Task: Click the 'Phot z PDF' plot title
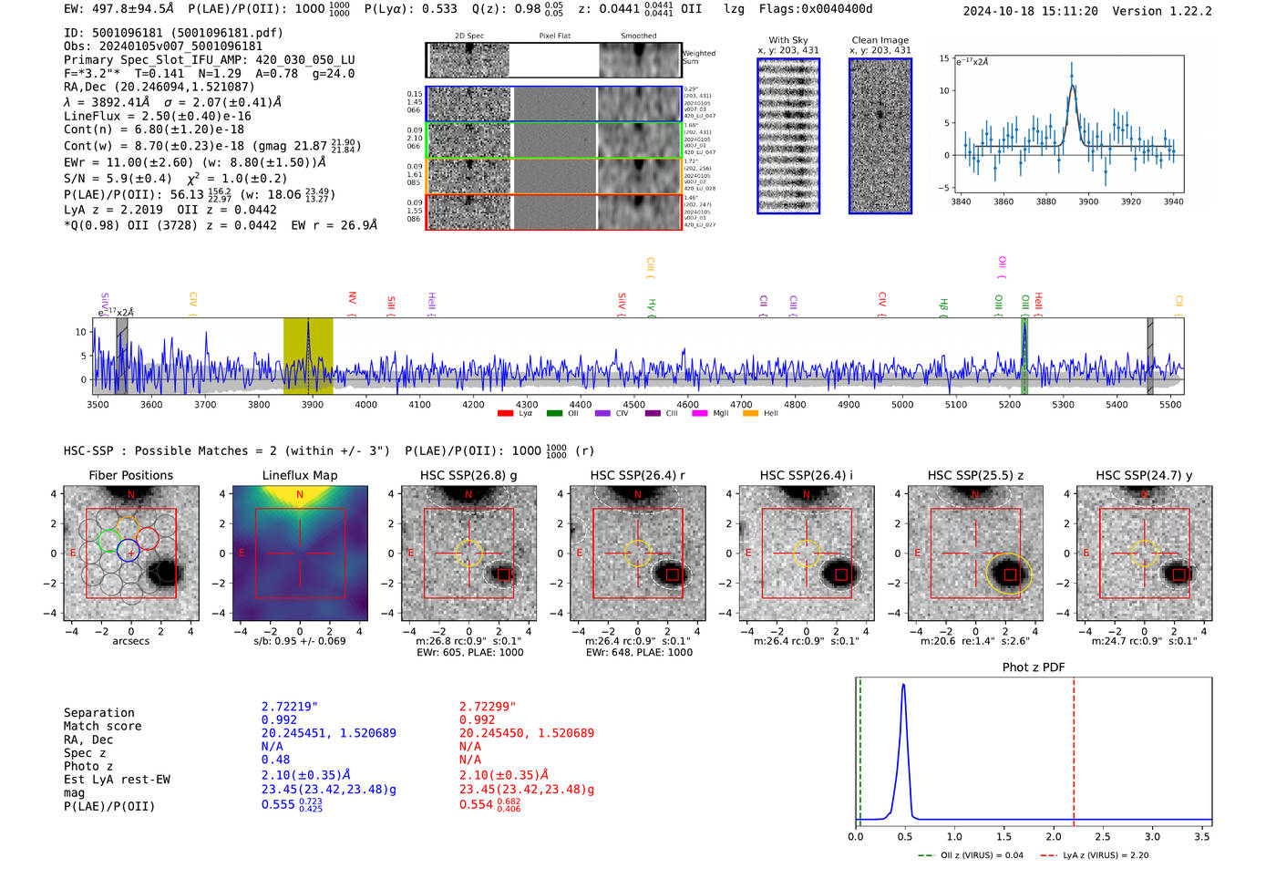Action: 1034,667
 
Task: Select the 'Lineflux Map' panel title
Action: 299,475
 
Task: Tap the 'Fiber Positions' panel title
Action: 130,475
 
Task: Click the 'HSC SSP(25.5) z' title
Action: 975,475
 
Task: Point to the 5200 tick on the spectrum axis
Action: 1009,405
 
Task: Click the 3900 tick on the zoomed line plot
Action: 1088,202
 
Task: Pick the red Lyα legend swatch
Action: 505,414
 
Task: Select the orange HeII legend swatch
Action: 750,414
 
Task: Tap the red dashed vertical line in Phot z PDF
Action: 1074,748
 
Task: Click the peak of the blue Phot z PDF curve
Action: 903,686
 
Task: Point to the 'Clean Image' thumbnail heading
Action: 880,40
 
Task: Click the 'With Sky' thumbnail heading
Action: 787,40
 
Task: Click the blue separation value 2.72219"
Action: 289,707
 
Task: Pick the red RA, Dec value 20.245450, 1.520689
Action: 526,733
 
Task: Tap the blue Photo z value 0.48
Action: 275,760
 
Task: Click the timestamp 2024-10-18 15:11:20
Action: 1030,12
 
